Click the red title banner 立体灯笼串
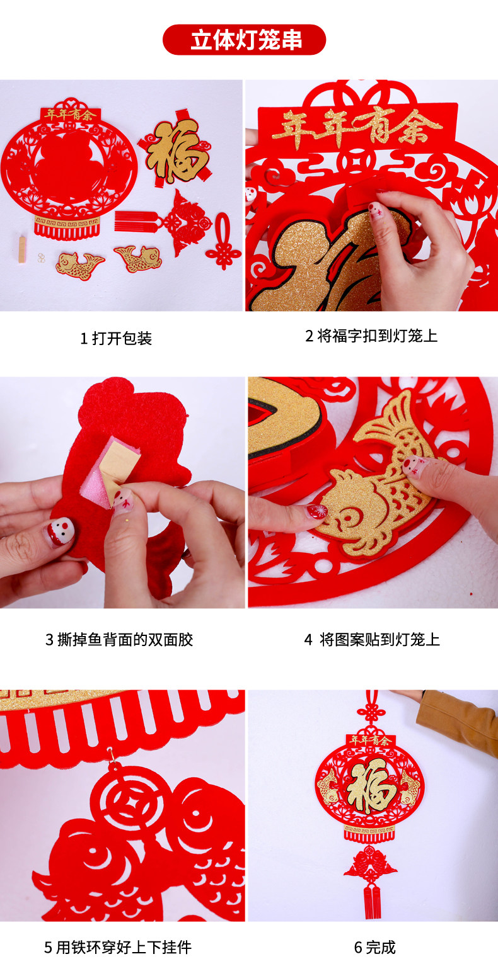[244, 40]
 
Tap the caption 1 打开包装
[116, 339]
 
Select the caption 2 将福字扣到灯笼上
[371, 336]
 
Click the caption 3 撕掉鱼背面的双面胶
[119, 640]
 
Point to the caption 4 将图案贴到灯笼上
[372, 640]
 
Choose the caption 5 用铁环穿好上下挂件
[118, 947]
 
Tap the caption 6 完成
[374, 947]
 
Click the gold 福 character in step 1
[177, 149]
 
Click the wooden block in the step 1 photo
[22, 249]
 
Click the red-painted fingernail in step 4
[318, 511]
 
